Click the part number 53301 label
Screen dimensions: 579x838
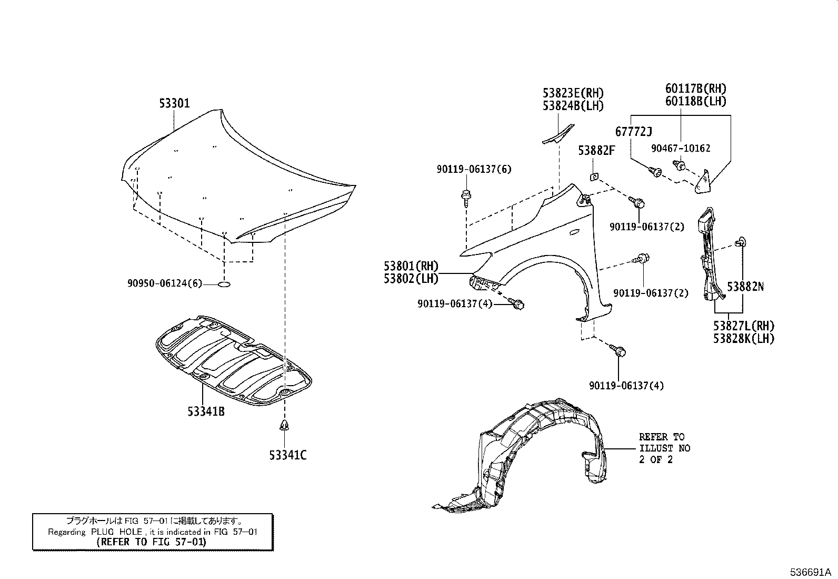(174, 104)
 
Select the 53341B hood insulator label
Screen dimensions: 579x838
(206, 411)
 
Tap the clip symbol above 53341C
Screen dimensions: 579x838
(285, 426)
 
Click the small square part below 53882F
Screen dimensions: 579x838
(593, 176)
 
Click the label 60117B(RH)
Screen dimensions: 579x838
(695, 89)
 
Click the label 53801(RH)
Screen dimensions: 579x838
(411, 267)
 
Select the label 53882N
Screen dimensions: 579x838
(745, 287)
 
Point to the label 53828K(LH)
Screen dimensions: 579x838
(744, 339)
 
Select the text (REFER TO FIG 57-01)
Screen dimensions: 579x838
(152, 542)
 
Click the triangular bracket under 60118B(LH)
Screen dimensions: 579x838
(703, 182)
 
